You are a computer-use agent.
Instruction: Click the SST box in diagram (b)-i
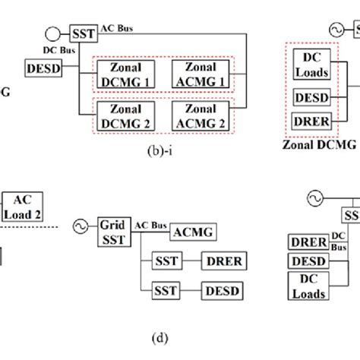tap(81, 33)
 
